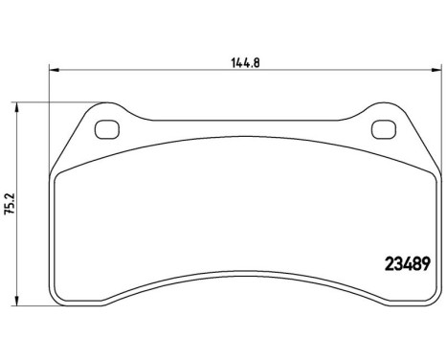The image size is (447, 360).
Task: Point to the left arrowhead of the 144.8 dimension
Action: coord(53,69)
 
